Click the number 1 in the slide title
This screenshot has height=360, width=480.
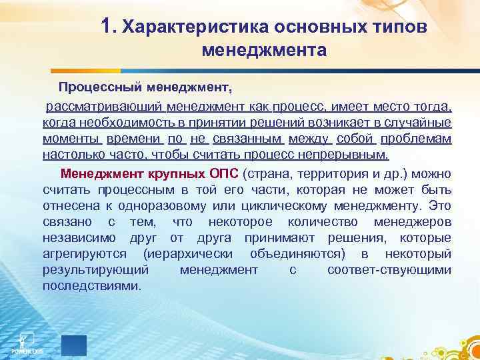(109, 25)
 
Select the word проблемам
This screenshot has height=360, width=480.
(419, 139)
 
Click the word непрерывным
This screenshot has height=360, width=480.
(351, 155)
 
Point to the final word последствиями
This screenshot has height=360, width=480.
(91, 285)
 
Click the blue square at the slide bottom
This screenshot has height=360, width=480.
(74, 345)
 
